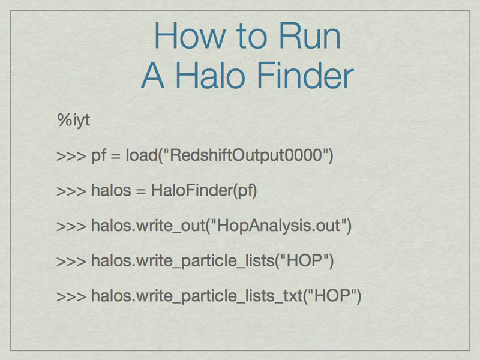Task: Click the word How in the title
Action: point(190,35)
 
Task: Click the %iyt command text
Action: point(73,119)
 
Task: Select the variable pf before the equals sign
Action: point(98,155)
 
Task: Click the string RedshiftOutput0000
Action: point(246,155)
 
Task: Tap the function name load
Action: point(142,155)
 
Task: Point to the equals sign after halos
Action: point(140,191)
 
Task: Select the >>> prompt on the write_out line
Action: point(71,226)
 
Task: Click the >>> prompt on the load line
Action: point(71,156)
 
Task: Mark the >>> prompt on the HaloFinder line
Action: point(71,191)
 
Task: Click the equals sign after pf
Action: point(115,156)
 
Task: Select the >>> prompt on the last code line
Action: point(71,296)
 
